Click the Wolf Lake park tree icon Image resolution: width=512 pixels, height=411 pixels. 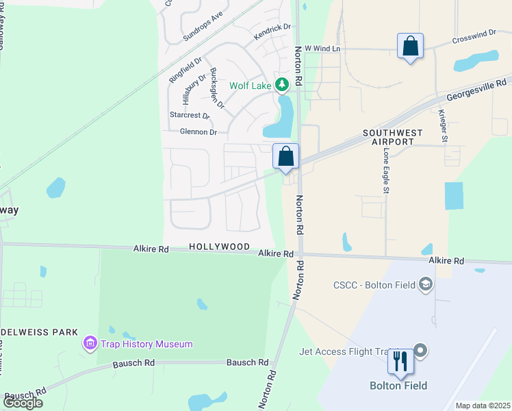pyautogui.click(x=281, y=85)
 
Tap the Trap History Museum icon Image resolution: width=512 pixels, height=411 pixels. pyautogui.click(x=90, y=344)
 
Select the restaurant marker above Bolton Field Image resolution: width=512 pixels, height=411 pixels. pyautogui.click(x=400, y=360)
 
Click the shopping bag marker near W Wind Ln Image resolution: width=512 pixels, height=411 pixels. pyautogui.click(x=410, y=47)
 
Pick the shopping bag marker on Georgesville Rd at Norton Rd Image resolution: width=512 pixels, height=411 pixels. pyautogui.click(x=286, y=156)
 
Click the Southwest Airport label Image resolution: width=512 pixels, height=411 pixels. pyautogui.click(x=388, y=137)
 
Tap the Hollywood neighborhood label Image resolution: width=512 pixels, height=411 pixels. pyautogui.click(x=219, y=247)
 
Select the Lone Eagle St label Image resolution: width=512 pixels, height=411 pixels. pyautogui.click(x=386, y=171)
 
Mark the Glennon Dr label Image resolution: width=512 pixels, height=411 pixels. pyautogui.click(x=198, y=132)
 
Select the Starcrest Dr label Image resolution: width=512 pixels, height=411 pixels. pyautogui.click(x=189, y=115)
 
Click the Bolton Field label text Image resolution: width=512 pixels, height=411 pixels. pyautogui.click(x=400, y=386)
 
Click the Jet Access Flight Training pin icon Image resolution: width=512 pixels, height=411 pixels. pyautogui.click(x=420, y=351)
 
